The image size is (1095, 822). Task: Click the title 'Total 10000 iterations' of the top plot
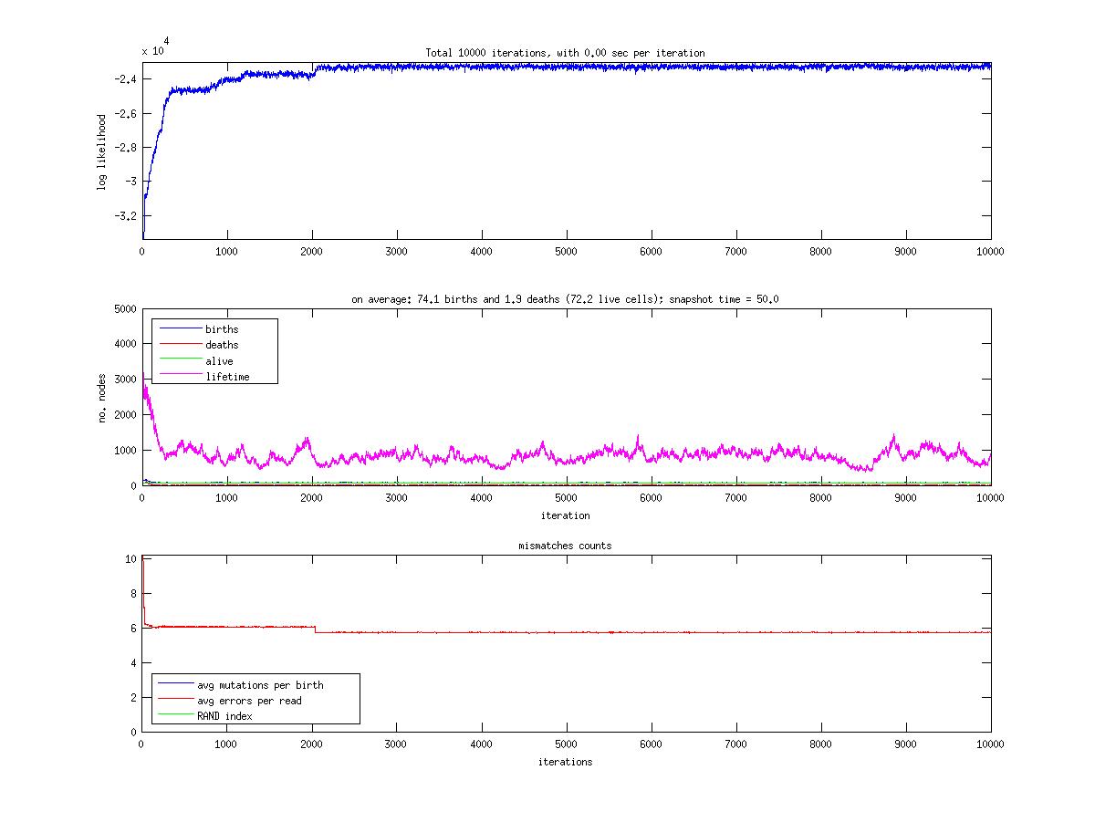565,53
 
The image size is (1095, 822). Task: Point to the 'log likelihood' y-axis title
102,151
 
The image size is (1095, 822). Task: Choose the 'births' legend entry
222,328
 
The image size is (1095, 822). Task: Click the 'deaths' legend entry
222,345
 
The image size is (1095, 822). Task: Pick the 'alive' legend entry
219,361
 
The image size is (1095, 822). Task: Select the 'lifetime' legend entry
227,377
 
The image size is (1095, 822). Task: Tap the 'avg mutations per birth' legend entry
260,685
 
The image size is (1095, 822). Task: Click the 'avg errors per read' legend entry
249,701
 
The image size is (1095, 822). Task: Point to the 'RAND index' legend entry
224,716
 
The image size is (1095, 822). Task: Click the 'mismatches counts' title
565,546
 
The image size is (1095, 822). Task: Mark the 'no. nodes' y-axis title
102,397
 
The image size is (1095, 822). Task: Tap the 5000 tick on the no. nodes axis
123,309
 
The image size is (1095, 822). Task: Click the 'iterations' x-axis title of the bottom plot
565,762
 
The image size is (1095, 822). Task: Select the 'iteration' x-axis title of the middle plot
565,515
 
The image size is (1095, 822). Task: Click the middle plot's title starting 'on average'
565,299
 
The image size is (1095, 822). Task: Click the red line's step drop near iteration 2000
315,630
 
